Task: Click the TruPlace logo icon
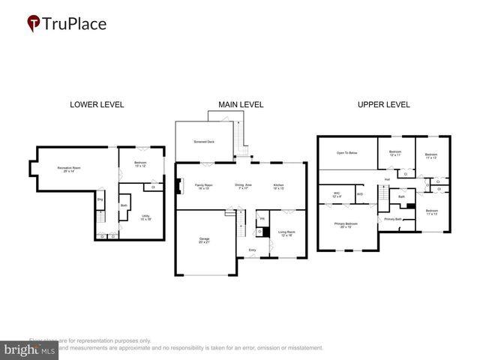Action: click(x=34, y=24)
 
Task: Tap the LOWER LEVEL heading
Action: click(x=97, y=104)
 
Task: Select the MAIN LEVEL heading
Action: click(x=241, y=104)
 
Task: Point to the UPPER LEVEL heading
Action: click(x=383, y=104)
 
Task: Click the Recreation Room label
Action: click(x=69, y=169)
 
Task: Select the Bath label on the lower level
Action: click(x=124, y=205)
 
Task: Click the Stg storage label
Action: click(x=99, y=199)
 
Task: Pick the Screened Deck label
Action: click(x=205, y=141)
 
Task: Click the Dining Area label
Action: click(x=243, y=185)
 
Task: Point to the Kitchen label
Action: click(x=278, y=185)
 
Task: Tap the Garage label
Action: click(x=204, y=240)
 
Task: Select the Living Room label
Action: click(x=282, y=233)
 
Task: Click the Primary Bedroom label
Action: click(x=346, y=225)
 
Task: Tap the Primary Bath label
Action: click(x=394, y=219)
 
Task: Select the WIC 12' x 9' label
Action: click(x=336, y=195)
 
